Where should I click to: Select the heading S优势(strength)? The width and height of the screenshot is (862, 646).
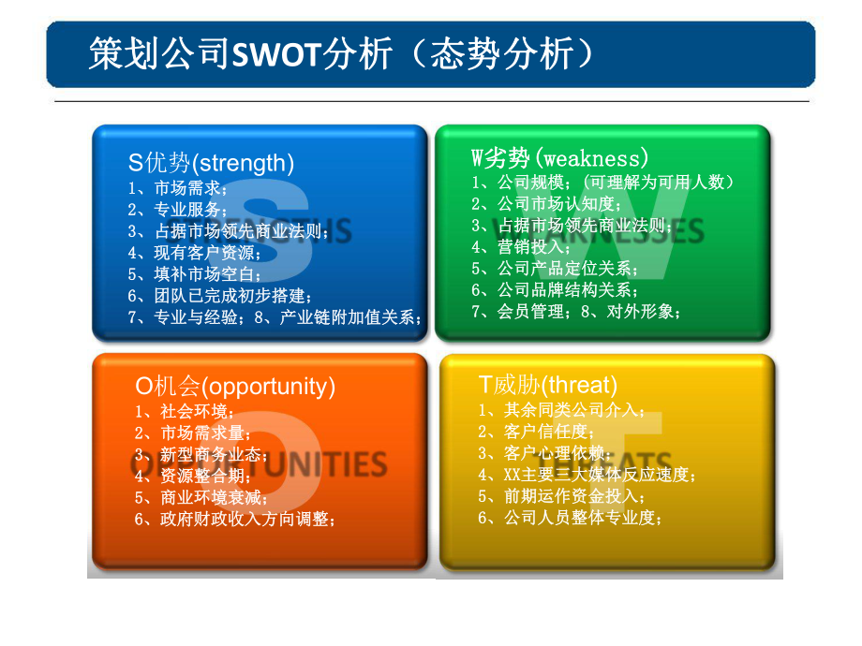(211, 163)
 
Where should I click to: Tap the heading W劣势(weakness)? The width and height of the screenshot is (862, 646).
(559, 157)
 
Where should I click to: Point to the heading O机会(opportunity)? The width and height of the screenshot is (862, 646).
(235, 386)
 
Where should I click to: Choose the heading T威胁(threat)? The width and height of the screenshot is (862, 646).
(548, 384)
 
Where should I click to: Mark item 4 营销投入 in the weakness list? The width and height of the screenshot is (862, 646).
(522, 247)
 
